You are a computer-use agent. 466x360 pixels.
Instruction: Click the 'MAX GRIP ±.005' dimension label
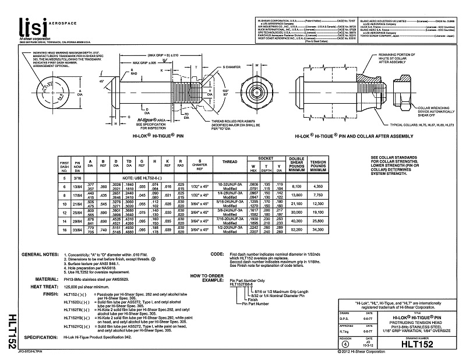pos(144,62)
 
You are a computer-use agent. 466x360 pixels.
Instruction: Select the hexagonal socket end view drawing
pos(260,94)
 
